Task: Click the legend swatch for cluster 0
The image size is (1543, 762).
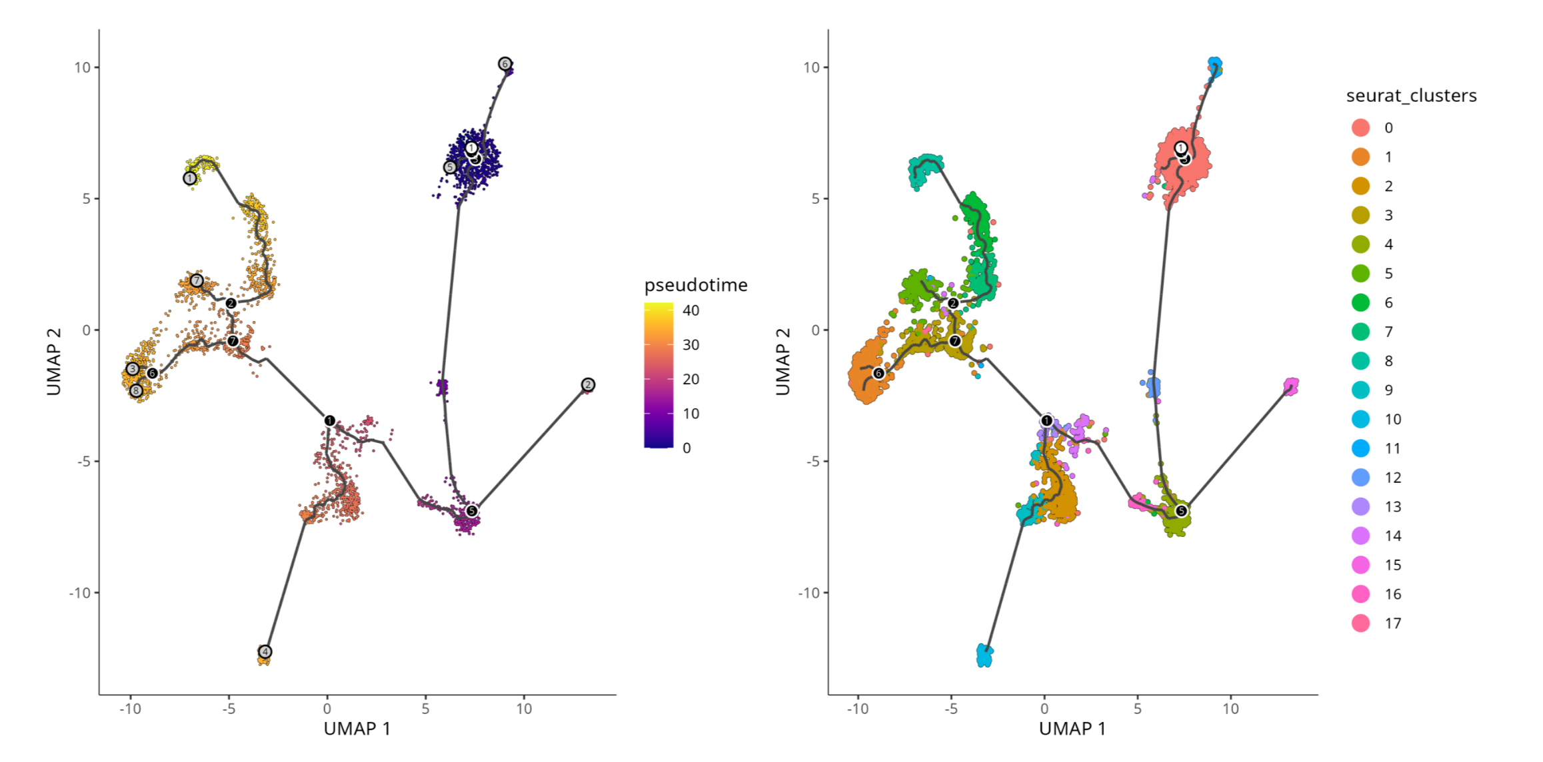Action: [x=1360, y=128]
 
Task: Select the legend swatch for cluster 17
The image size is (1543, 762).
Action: [x=1360, y=623]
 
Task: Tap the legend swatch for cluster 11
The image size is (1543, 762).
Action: [x=1360, y=448]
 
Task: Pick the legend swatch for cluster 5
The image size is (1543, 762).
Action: [x=1360, y=274]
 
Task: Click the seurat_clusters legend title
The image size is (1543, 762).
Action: [x=1411, y=96]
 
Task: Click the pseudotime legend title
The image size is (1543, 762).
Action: [x=695, y=285]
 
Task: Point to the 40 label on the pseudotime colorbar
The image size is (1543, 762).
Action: [x=691, y=310]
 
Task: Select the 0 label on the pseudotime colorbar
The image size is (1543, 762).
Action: [x=687, y=448]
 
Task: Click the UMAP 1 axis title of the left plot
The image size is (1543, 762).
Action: [x=357, y=729]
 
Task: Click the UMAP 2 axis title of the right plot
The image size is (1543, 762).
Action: [x=783, y=362]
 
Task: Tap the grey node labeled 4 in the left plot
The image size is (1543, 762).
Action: [x=265, y=651]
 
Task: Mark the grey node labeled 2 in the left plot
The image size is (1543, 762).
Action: [x=588, y=384]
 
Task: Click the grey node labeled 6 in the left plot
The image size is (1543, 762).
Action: [x=505, y=64]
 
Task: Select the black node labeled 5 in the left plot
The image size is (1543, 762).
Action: [x=472, y=511]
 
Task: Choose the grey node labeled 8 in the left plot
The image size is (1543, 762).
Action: [x=136, y=390]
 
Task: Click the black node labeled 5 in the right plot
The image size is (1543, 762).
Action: [x=1181, y=511]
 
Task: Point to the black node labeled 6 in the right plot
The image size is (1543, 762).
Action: [x=878, y=373]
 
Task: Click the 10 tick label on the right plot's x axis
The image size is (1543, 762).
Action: [x=1230, y=709]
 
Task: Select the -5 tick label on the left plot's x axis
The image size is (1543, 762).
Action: [x=229, y=709]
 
